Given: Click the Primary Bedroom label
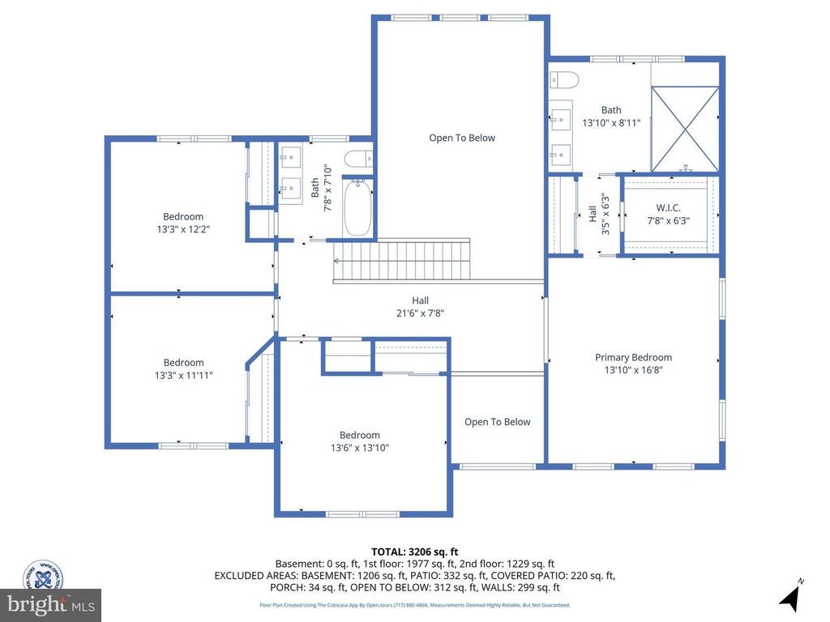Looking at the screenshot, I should (x=633, y=357).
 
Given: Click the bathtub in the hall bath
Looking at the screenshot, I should (x=357, y=208).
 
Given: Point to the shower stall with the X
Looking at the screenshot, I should (x=685, y=130).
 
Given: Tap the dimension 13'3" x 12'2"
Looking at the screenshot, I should (x=183, y=229).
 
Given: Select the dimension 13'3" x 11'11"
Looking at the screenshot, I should (x=183, y=376).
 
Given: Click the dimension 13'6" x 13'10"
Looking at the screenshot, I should (x=359, y=448).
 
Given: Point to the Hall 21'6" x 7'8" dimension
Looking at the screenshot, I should (x=420, y=313).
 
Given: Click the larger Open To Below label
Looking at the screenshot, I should (x=462, y=138).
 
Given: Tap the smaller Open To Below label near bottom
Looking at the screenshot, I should (x=497, y=422).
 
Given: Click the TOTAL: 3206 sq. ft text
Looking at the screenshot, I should (x=414, y=550).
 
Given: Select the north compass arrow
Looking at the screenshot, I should (x=789, y=598).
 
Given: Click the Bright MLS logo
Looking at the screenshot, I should (x=50, y=604).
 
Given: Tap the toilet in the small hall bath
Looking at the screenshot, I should (x=357, y=159).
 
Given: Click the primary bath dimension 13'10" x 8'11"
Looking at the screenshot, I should (x=611, y=123).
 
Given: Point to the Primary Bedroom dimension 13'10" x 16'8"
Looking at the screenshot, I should (x=633, y=370).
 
